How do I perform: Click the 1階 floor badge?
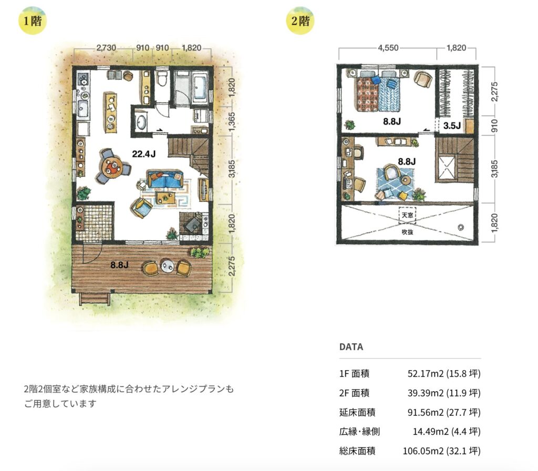pos(32,21)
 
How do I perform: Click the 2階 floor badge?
pos(300,21)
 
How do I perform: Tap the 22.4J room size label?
pos(144,154)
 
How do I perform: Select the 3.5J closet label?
pos(451,126)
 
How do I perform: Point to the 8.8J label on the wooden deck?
pos(119,265)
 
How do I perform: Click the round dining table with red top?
pos(113,167)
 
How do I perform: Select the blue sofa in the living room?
pos(165,179)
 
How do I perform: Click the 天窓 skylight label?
pos(407,215)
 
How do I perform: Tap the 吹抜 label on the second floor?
pos(407,232)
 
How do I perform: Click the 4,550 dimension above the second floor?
pos(388,48)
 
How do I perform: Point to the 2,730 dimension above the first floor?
pos(106,47)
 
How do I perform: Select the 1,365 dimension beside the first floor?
pos(232,121)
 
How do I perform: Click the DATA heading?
pos(351,347)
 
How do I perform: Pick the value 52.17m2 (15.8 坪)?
pos(444,374)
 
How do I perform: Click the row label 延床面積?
pos(357,412)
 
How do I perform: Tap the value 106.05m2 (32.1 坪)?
pos(441,450)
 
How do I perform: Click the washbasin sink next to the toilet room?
pos(141,122)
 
